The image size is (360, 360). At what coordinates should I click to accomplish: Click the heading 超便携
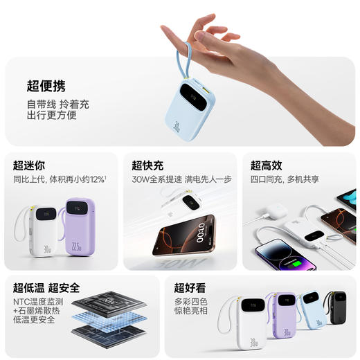[x=46, y=87]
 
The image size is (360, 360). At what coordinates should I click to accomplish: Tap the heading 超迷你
[x=29, y=165]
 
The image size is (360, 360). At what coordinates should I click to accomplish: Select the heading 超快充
[x=147, y=165]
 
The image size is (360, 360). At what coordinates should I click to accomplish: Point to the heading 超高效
[x=266, y=165]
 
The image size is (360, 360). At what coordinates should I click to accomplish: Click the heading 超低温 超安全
[x=46, y=287]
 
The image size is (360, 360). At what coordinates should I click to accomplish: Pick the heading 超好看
[x=190, y=287]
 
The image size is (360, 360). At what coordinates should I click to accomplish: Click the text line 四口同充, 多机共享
[x=285, y=179]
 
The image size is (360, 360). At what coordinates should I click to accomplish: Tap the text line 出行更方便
[x=51, y=116]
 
